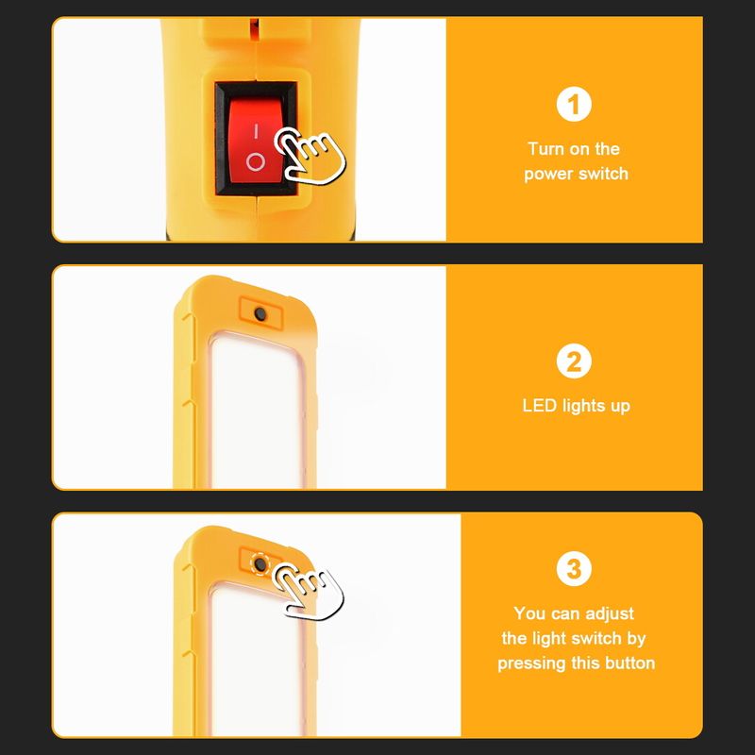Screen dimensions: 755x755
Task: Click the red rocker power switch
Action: coord(255,139)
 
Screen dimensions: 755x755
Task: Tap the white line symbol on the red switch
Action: coord(256,131)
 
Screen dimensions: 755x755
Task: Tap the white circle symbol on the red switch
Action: coord(255,162)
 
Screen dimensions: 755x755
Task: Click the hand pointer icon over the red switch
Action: coord(310,157)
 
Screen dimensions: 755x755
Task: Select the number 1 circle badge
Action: coord(574,104)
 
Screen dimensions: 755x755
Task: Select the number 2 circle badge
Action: coord(574,361)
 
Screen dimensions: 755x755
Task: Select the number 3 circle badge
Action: coord(574,569)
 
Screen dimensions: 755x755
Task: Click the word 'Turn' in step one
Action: coord(545,149)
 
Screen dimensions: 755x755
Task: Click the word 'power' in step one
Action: coord(548,175)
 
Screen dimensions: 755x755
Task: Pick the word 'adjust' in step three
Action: coord(610,614)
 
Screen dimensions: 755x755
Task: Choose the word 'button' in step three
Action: coord(629,663)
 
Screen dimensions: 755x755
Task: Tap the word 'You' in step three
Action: coord(529,613)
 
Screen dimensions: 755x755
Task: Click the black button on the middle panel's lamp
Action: coord(260,314)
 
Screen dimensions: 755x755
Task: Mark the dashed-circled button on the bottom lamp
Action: coord(260,563)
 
